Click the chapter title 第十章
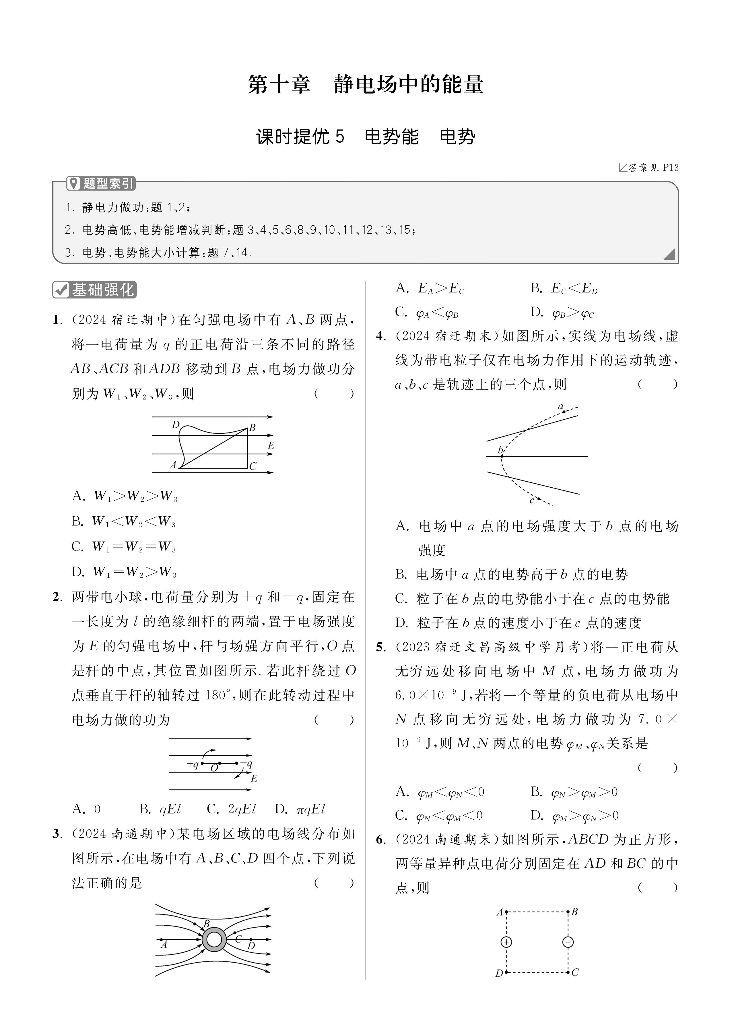coord(279,85)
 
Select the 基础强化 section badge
coord(94,290)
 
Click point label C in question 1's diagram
coord(253,466)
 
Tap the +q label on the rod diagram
coord(193,764)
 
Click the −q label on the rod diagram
coord(246,764)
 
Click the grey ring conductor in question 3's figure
coord(214,940)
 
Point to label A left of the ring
coord(164,945)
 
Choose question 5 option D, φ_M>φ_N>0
coord(575,816)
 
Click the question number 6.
coord(380,840)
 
